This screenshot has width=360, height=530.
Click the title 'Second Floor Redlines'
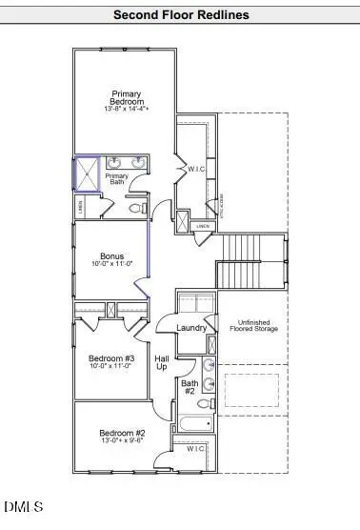pyautogui.click(x=181, y=14)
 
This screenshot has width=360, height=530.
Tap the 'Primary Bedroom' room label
pyautogui.click(x=125, y=98)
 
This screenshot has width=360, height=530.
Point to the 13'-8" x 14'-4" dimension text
pyautogui.click(x=125, y=111)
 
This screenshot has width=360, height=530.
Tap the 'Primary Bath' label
pyautogui.click(x=117, y=179)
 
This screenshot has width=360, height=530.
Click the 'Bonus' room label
pyautogui.click(x=111, y=255)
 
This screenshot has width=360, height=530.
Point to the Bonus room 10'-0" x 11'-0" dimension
pyautogui.click(x=111, y=266)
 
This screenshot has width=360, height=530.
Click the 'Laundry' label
pyautogui.click(x=191, y=328)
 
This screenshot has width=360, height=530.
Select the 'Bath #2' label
pyautogui.click(x=189, y=387)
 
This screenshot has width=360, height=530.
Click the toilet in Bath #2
pyautogui.click(x=207, y=384)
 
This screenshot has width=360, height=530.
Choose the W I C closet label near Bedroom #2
pyautogui.click(x=195, y=448)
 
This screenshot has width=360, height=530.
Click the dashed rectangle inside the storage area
pyautogui.click(x=251, y=390)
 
